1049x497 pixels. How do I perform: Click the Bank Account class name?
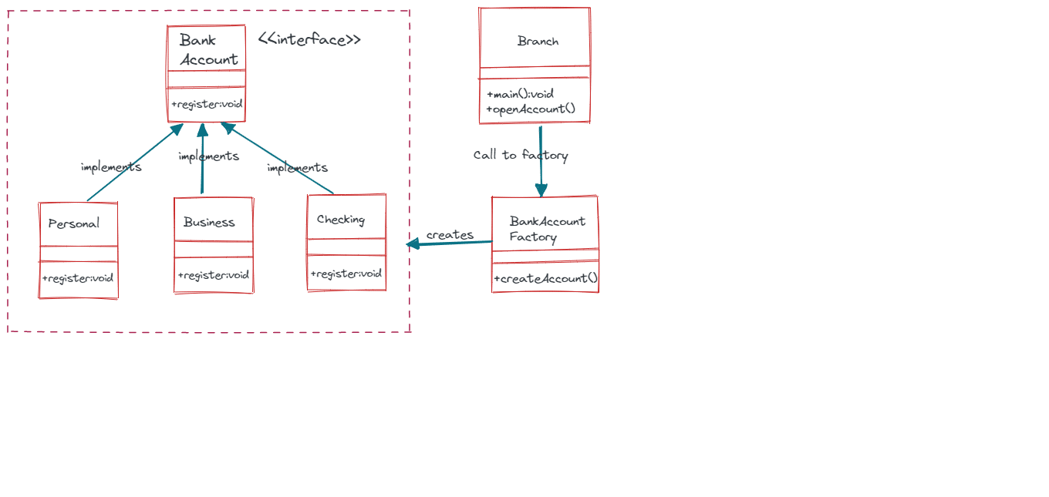pos(208,50)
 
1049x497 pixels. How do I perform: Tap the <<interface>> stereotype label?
pos(309,40)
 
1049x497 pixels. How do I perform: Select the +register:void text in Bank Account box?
pos(207,104)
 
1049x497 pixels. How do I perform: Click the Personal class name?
pos(74,224)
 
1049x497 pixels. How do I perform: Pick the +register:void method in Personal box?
pos(78,278)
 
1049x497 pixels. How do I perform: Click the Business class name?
pos(209,223)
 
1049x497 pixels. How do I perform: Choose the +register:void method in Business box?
pos(214,275)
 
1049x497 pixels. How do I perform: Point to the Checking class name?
pos(341,220)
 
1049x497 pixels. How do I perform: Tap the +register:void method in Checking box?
pos(346,274)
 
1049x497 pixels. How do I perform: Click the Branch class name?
pos(538,42)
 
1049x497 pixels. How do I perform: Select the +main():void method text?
pos(520,94)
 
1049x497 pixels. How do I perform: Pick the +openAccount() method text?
pos(531,109)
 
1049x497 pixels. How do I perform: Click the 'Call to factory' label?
pos(521,156)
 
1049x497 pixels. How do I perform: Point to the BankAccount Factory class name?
pos(547,229)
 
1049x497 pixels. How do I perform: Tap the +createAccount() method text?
pos(546,278)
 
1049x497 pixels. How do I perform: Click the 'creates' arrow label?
pos(450,235)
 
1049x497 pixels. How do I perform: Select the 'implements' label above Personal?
pos(111,167)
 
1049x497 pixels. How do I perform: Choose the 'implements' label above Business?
pos(208,156)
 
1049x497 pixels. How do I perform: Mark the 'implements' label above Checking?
pos(297,168)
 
